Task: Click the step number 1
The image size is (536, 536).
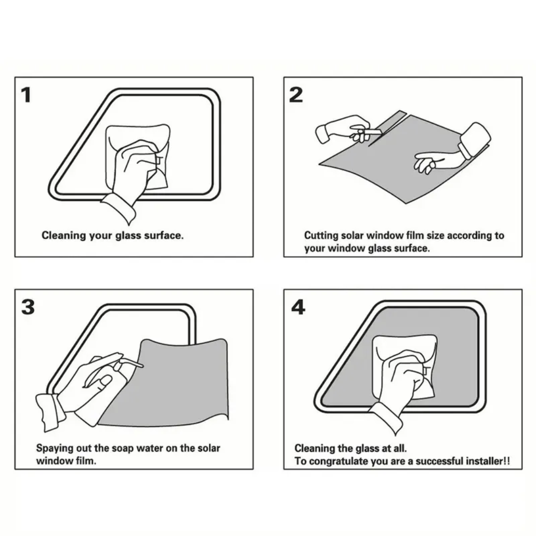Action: pos(26,95)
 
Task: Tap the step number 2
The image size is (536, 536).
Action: pos(296,95)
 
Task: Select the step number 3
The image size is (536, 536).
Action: pos(28,307)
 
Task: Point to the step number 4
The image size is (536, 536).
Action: pos(298,307)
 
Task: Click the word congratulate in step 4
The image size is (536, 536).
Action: pos(339,462)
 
